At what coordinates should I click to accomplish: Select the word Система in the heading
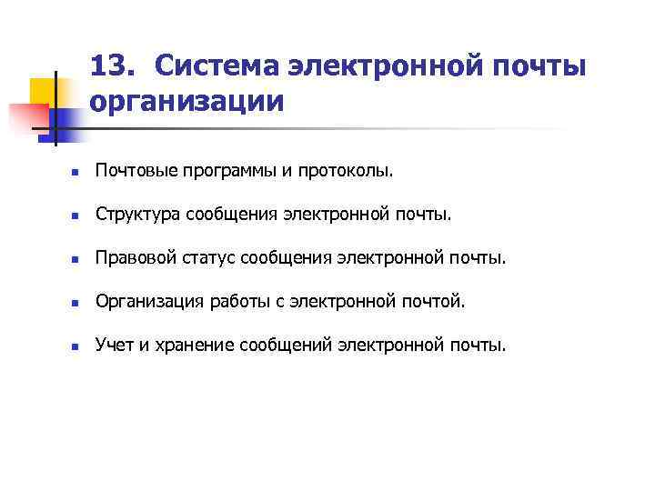(x=214, y=65)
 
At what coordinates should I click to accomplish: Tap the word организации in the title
(x=187, y=100)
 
